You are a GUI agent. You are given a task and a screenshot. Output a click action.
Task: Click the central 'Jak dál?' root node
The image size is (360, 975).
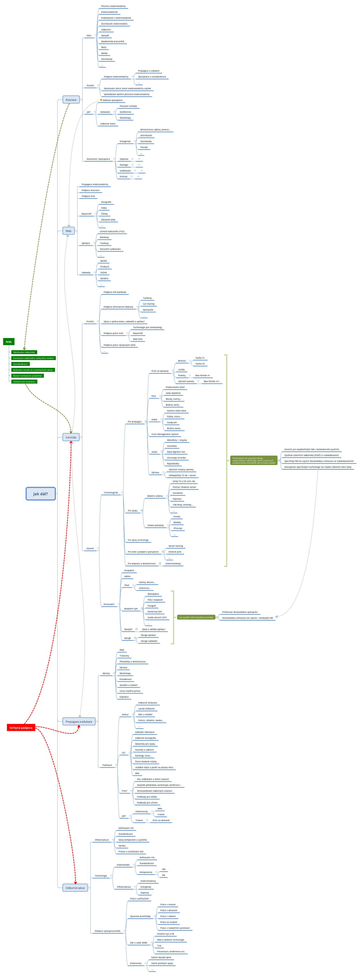(41, 494)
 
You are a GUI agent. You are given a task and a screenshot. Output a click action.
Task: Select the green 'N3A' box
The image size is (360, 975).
(9, 342)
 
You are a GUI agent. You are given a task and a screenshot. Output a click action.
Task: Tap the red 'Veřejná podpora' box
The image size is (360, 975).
(21, 727)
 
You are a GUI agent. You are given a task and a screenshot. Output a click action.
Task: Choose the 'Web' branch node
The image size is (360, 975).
(68, 231)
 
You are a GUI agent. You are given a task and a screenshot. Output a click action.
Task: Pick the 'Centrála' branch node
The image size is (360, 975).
(71, 437)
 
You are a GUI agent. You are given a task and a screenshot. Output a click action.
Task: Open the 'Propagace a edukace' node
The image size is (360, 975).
(79, 721)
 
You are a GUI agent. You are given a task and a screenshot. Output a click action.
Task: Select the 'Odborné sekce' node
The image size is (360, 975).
(75, 888)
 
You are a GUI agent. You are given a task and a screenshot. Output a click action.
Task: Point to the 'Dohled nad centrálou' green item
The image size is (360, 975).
(24, 381)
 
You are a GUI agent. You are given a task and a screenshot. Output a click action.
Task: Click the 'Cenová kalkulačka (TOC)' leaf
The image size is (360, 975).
(112, 232)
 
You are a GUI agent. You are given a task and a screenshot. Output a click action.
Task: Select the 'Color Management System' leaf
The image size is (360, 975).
(165, 434)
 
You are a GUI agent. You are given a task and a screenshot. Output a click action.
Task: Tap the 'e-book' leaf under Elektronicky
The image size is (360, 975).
(161, 814)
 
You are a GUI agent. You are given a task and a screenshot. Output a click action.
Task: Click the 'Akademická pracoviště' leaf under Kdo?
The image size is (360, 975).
(113, 42)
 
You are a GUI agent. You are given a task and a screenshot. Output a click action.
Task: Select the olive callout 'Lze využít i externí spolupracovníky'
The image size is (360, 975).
(196, 617)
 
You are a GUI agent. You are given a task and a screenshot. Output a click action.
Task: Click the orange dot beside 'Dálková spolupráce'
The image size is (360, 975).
(101, 100)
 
